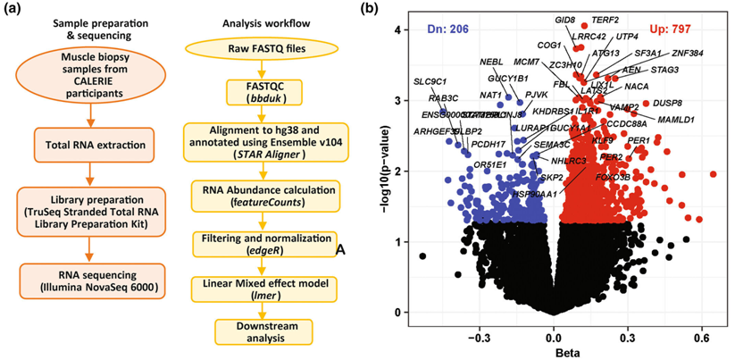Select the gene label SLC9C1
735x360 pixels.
(429, 82)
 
